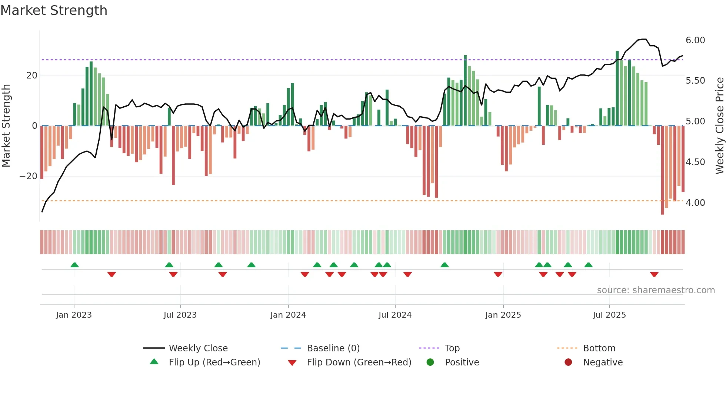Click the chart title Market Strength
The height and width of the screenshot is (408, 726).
[x=54, y=10]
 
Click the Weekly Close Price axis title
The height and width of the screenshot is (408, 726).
[x=719, y=126]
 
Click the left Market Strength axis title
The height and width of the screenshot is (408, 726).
[x=6, y=126]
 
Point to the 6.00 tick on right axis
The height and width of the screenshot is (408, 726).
[x=695, y=40]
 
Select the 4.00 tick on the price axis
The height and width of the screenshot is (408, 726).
[x=695, y=203]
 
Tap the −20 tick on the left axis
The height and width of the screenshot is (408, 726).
[x=29, y=176]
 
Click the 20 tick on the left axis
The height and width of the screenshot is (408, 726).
[x=31, y=76]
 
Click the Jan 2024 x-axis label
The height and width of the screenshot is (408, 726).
[x=288, y=315]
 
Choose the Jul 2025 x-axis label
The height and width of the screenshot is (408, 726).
[x=609, y=315]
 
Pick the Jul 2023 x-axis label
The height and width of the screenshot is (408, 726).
[x=180, y=315]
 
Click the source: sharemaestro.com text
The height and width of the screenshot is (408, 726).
[x=656, y=290]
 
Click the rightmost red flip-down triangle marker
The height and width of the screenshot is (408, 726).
[x=654, y=274]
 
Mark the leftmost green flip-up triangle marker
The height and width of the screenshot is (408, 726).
[x=74, y=265]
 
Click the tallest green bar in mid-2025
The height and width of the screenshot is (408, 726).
[x=617, y=89]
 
